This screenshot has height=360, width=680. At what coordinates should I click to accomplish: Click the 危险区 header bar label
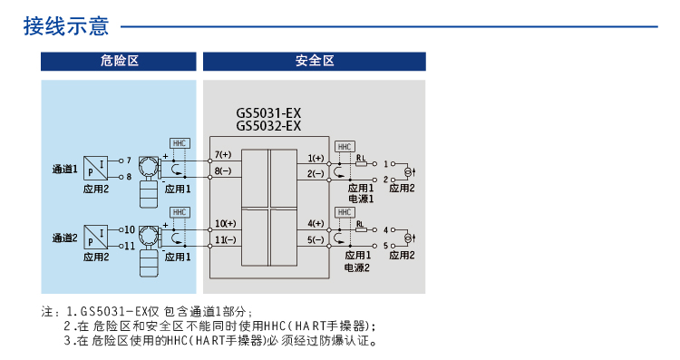pos(118,61)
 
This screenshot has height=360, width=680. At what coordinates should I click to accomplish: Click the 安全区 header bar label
pos(315,61)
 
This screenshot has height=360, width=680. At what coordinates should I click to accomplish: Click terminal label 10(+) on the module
pos(225,223)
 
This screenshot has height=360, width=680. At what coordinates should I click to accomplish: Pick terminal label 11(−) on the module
pos(225,239)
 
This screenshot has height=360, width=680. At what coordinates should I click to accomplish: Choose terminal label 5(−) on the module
pos(315,239)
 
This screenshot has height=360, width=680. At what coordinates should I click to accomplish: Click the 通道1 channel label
pos(63,169)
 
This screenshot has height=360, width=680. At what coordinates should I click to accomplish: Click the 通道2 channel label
pos(63,238)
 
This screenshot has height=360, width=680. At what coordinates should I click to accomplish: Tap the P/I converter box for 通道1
pos(95,168)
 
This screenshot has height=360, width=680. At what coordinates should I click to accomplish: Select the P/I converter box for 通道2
pos(95,237)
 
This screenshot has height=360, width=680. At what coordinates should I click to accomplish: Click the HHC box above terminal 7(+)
pos(180,143)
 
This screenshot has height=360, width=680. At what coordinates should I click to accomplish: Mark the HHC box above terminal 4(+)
pos(344,212)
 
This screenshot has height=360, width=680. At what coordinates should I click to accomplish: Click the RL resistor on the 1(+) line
pos(361,163)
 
